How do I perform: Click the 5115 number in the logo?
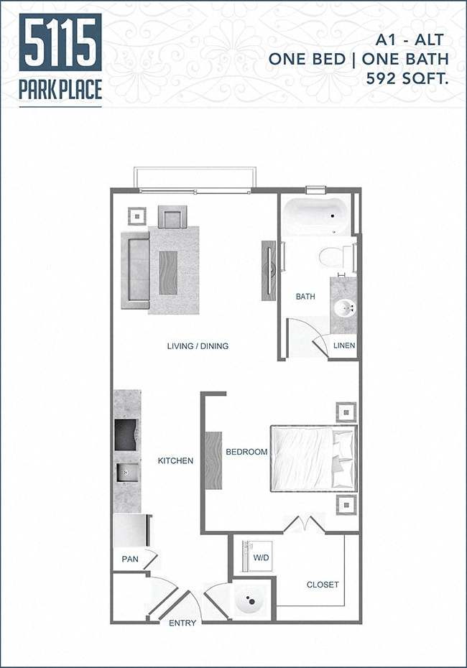pyautogui.click(x=60, y=42)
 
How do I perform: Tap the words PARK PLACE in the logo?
pyautogui.click(x=60, y=90)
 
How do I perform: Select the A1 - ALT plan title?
pyautogui.click(x=415, y=40)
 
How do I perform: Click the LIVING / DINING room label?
pyautogui.click(x=198, y=346)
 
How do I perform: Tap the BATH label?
pyautogui.click(x=305, y=296)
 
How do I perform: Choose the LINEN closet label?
pyautogui.click(x=344, y=345)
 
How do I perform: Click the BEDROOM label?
pyautogui.click(x=246, y=453)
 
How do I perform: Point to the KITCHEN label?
pyautogui.click(x=175, y=460)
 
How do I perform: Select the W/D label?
pyautogui.click(x=261, y=557)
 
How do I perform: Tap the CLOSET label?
pyautogui.click(x=323, y=585)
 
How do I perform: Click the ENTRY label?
pyautogui.click(x=182, y=623)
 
